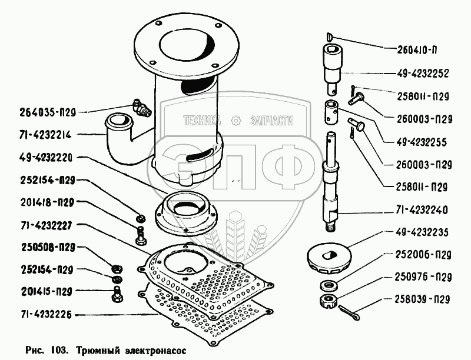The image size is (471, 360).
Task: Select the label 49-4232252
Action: point(419,74)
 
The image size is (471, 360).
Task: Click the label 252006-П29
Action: point(419,255)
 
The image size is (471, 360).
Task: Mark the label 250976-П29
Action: point(419,276)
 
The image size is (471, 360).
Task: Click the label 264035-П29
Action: point(52,111)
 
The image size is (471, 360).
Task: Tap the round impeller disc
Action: point(330,257)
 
